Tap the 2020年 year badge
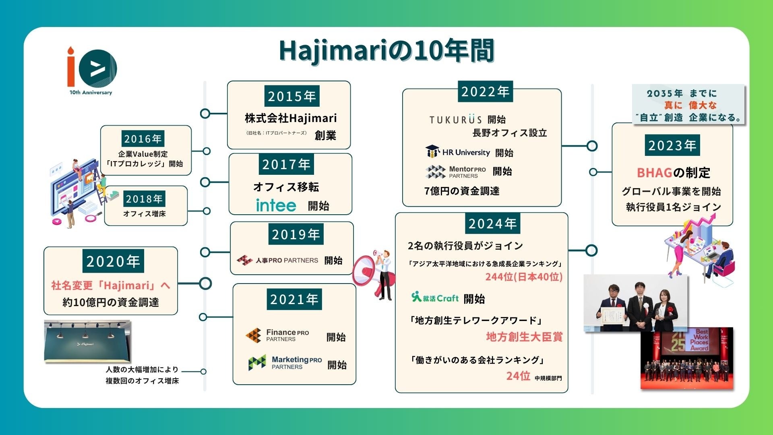(113, 261)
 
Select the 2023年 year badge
(672, 145)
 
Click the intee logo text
(276, 205)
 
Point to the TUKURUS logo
(455, 120)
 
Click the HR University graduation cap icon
(432, 151)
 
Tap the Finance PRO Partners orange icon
(254, 335)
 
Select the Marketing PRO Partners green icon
(257, 362)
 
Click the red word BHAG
(655, 173)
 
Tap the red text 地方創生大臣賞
(524, 337)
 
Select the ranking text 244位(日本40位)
(524, 277)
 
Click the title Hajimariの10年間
(386, 51)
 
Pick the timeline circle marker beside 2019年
(205, 252)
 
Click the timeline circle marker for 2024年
(591, 250)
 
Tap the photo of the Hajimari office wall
(87, 341)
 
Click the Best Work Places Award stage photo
(686, 358)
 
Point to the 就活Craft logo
(435, 298)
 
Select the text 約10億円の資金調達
(111, 302)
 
